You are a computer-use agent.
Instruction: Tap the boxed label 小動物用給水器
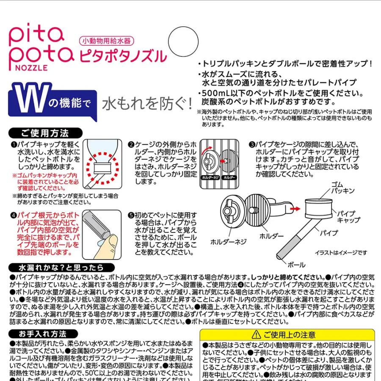point(107,41)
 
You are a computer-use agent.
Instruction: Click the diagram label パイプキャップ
point(348,216)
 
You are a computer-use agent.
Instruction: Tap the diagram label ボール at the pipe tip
point(296,265)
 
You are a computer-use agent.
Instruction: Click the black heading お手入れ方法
point(42,334)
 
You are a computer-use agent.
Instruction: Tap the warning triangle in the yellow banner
point(255,334)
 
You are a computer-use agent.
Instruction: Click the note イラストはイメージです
point(341,253)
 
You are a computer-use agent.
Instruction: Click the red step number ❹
point(14,215)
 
